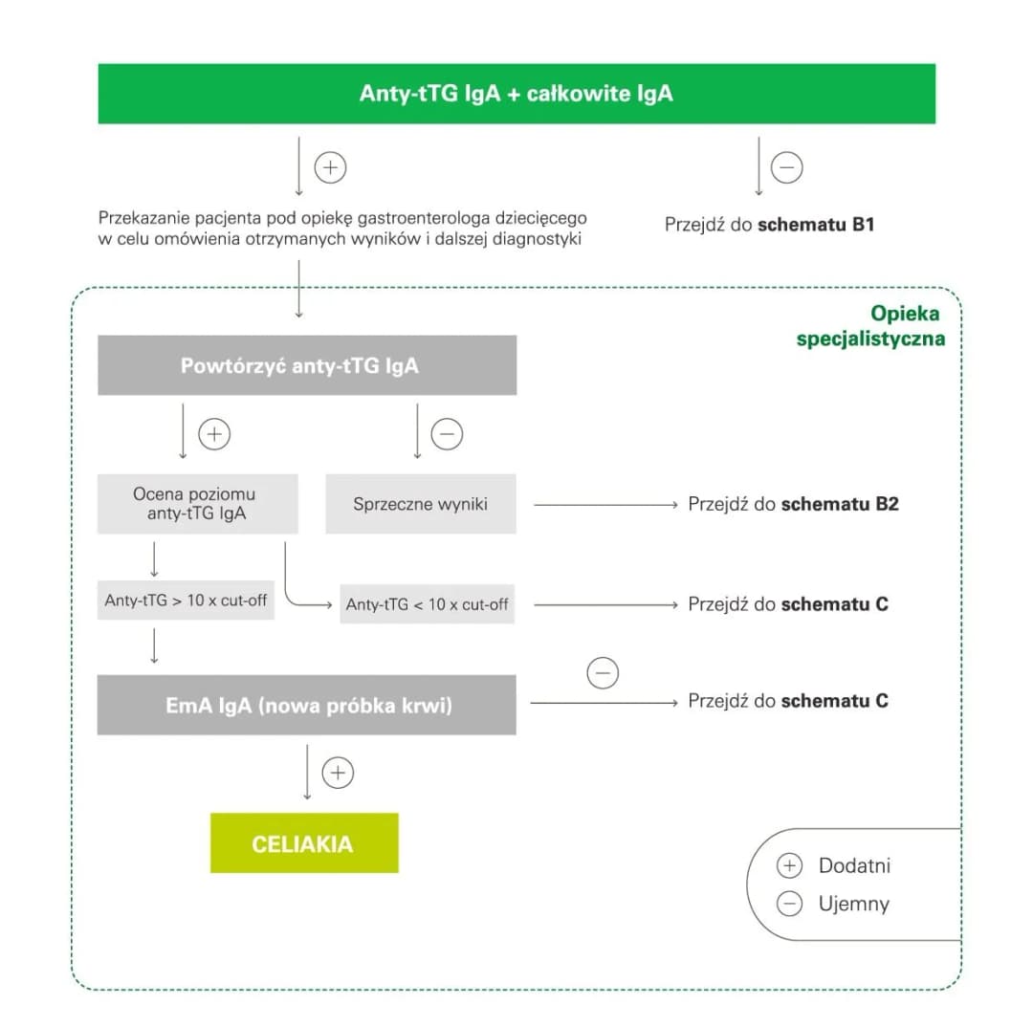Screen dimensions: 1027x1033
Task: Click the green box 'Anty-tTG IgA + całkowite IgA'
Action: pos(516,94)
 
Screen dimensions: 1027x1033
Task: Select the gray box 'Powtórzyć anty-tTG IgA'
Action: pos(307,365)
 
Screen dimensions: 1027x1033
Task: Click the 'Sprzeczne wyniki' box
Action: pos(420,504)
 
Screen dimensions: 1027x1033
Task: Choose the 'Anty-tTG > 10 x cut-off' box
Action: pos(186,601)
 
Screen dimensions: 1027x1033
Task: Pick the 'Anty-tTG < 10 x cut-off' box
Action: pos(427,604)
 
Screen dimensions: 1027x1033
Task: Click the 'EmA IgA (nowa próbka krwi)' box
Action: pos(306,706)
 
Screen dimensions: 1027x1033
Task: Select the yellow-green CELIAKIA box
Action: pos(303,843)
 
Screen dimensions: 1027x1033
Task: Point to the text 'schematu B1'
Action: pos(816,226)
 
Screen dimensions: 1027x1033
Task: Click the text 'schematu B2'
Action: pos(840,504)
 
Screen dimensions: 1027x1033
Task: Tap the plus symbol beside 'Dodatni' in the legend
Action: pos(789,866)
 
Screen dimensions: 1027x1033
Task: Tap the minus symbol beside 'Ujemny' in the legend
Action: pos(789,904)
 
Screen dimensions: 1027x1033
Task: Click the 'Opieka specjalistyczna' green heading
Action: pos(870,326)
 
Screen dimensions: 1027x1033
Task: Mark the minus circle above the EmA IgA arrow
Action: pos(603,672)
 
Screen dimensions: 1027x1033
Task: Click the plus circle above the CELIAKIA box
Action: pos(338,773)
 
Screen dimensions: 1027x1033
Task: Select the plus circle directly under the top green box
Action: pos(330,168)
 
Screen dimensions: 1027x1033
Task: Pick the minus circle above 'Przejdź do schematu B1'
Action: pos(786,168)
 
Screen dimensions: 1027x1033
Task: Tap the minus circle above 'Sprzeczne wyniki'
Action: pos(447,435)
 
